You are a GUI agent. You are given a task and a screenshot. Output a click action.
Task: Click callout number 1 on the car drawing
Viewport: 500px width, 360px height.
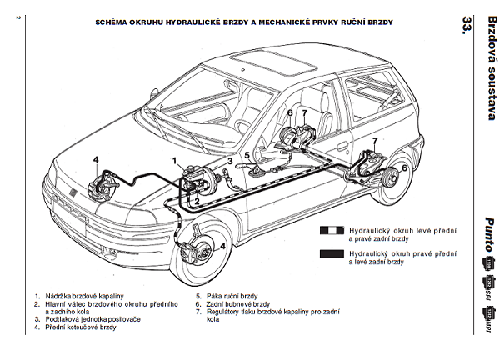click(x=176, y=159)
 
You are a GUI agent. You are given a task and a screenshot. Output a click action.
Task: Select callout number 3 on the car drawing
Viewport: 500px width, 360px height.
click(x=230, y=161)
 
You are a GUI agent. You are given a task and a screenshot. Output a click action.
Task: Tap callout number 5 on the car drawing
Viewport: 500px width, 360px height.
click(x=247, y=155)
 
